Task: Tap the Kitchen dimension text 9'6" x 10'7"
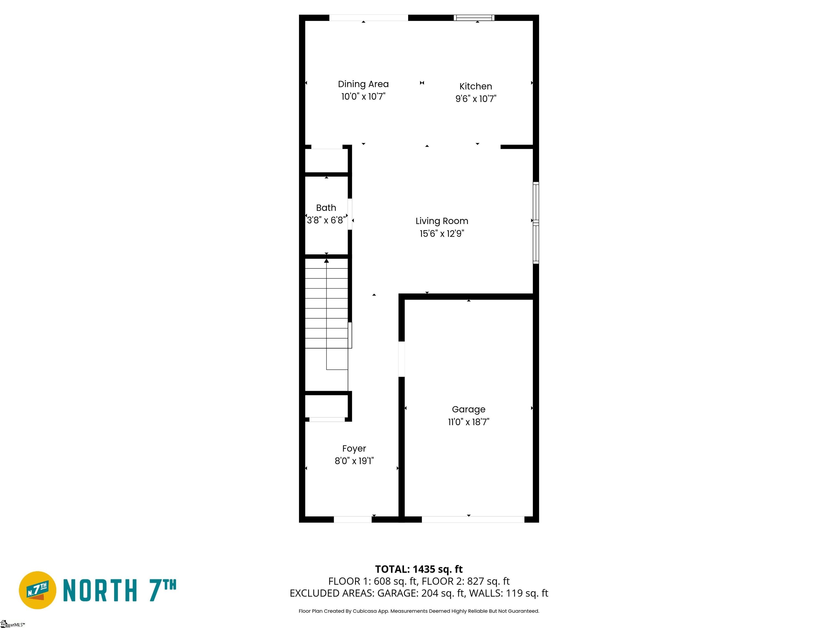point(476,98)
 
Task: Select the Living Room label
point(442,221)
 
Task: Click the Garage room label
point(469,410)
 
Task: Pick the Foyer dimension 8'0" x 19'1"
point(354,461)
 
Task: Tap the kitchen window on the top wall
point(474,17)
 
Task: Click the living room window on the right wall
point(536,223)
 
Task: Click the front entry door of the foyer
point(352,519)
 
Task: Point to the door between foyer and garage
point(402,359)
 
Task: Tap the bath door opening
point(350,214)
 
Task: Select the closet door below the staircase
point(327,419)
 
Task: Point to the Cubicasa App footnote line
point(419,611)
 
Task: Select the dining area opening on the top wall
point(369,17)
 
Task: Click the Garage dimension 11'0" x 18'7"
point(469,422)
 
